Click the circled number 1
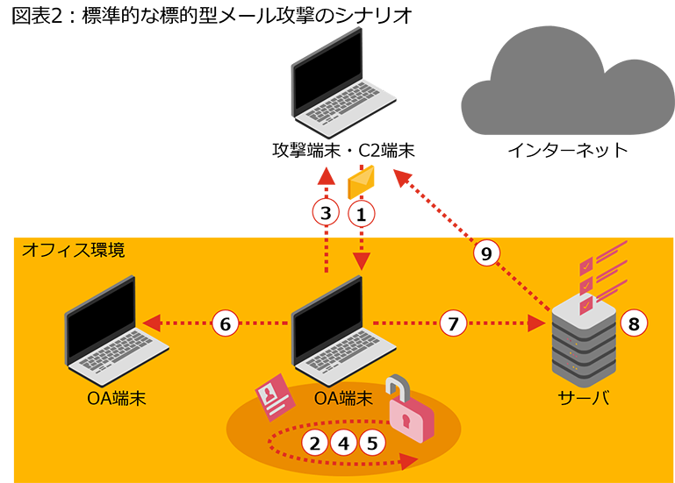[x=361, y=212]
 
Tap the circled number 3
[x=326, y=212]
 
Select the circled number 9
[x=486, y=253]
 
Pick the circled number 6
[x=225, y=323]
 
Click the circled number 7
[x=453, y=323]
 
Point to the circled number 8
[x=633, y=323]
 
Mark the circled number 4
[x=343, y=443]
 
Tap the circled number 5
[x=372, y=443]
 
